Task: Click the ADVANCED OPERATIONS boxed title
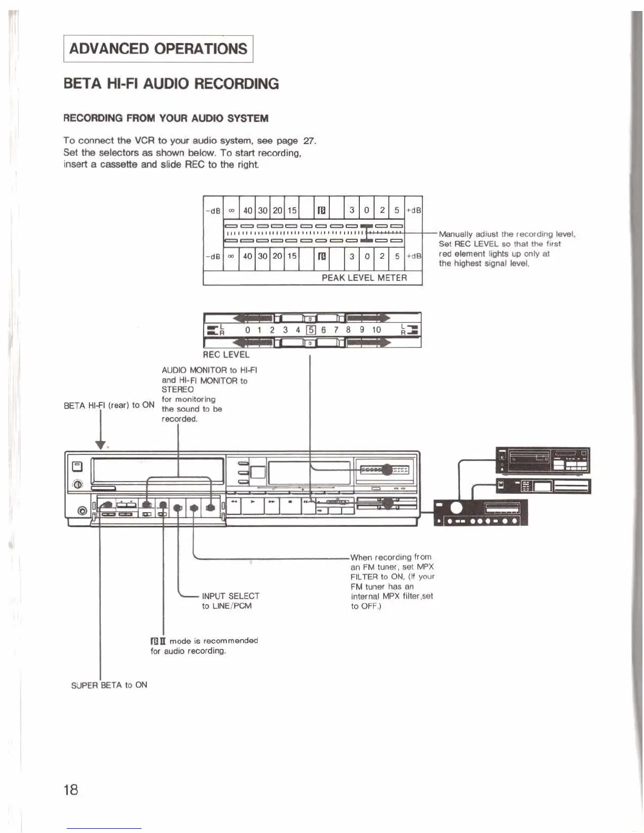158,49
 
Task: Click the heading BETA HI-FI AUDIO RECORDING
171,84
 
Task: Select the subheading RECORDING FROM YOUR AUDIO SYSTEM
166,118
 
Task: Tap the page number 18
71,789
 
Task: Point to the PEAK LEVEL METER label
364,278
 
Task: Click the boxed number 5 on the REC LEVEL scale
310,330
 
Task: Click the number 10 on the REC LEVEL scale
376,330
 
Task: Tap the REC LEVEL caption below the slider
226,355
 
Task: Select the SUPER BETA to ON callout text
109,685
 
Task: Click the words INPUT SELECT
230,596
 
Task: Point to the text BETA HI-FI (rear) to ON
109,405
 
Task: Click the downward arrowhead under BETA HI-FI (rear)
100,445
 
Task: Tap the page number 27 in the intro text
309,141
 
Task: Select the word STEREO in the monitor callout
177,390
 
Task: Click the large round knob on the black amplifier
456,507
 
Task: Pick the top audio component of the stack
542,460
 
